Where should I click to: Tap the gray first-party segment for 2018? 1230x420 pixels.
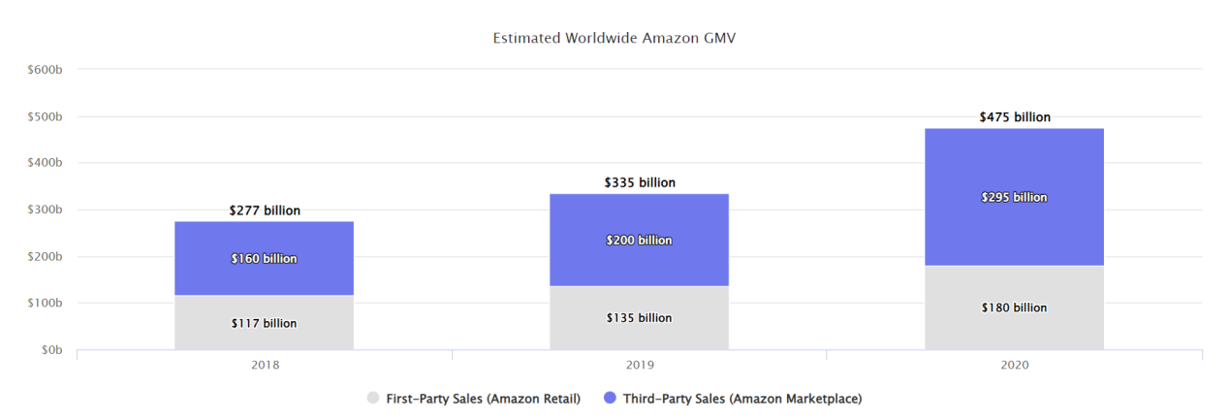264,335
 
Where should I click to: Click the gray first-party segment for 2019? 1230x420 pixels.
639,336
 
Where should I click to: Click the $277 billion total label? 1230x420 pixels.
265,210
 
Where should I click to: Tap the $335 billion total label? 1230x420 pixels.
640,182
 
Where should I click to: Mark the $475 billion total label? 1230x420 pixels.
1015,117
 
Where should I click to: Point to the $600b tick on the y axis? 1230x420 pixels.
45,69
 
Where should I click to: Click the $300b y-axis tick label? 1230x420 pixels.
45,210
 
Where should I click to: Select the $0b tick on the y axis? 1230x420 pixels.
50,349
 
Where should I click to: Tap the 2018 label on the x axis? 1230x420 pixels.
265,366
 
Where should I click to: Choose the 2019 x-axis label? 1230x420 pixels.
640,366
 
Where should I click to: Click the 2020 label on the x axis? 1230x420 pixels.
1015,366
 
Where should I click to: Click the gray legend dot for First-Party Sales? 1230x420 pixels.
373,398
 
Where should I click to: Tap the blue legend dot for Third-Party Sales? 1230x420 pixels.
610,398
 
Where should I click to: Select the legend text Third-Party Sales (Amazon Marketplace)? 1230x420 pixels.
742,398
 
